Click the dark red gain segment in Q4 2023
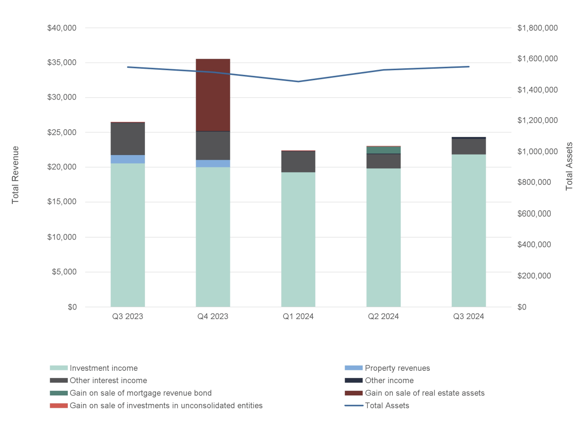tap(213, 95)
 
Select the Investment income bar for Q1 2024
tap(298, 239)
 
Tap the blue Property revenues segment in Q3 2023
tap(127, 159)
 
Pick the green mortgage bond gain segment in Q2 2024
tap(383, 150)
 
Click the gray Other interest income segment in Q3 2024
tap(469, 147)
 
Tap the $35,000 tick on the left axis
tap(62, 63)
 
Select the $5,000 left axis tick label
tap(64, 272)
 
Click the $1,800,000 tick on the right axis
tap(537, 28)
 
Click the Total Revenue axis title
tap(16, 175)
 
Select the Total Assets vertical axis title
tap(569, 166)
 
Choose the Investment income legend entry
tap(103, 368)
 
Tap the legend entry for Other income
tap(389, 380)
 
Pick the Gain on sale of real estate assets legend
tap(424, 393)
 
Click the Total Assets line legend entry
tap(387, 405)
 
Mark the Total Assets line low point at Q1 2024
tap(298, 82)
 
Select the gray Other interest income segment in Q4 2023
tap(213, 146)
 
